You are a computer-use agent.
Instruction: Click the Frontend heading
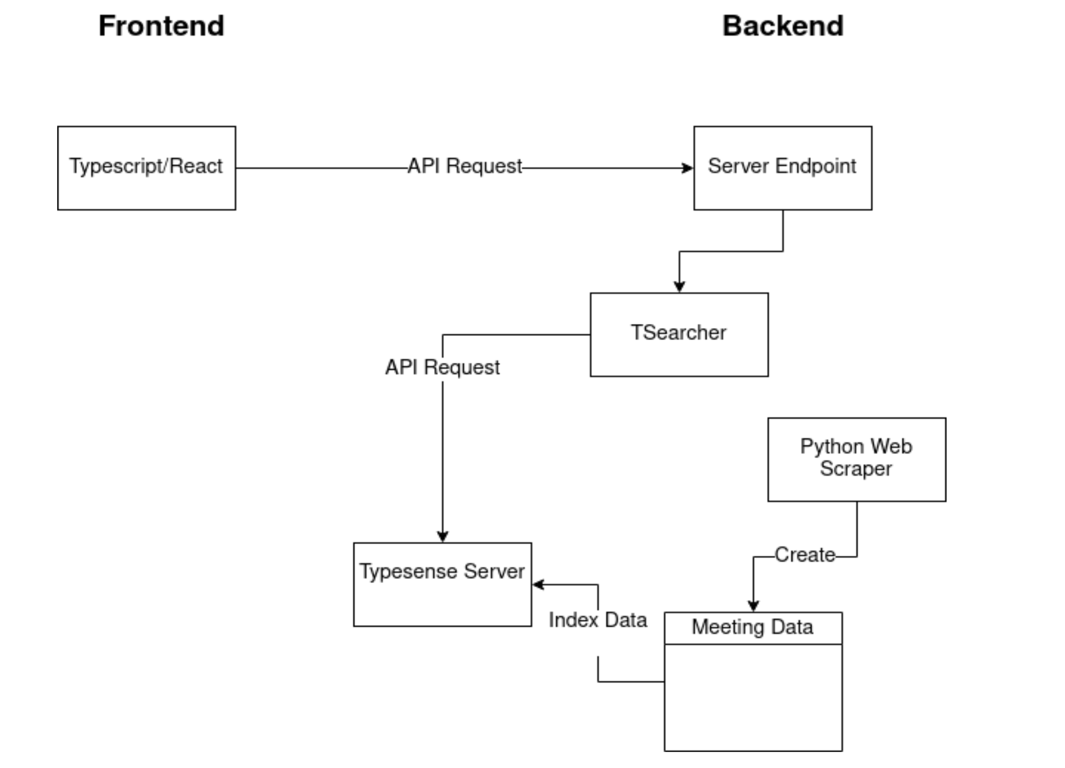tap(161, 26)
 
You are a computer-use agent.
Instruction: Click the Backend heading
tap(783, 26)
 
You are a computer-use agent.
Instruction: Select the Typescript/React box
tap(147, 168)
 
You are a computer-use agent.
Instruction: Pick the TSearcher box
tap(679, 334)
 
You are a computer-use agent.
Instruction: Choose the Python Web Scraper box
tap(856, 459)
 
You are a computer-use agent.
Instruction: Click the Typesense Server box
tap(442, 584)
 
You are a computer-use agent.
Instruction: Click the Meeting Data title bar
tap(753, 628)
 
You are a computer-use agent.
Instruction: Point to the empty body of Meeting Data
tap(753, 697)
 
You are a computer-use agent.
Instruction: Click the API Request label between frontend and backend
tap(464, 166)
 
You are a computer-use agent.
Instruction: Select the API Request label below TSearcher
tap(442, 367)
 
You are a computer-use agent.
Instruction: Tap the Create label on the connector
tap(805, 555)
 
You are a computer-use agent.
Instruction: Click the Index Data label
tap(598, 620)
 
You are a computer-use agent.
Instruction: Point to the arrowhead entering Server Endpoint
tap(688, 168)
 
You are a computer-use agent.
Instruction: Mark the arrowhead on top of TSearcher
tap(679, 286)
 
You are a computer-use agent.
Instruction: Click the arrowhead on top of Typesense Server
tap(443, 537)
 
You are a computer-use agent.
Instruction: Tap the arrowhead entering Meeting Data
tap(753, 606)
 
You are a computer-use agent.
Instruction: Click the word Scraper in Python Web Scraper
tap(855, 469)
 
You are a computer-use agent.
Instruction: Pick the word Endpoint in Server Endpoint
tap(815, 166)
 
